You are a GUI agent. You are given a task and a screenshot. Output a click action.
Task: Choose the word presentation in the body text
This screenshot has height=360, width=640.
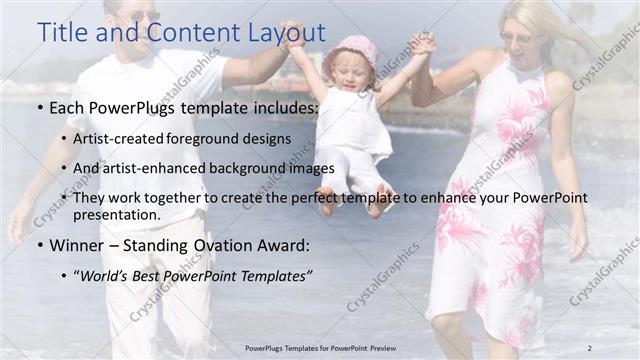(x=115, y=214)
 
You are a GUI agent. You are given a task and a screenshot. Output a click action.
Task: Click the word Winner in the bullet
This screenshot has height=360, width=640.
(x=79, y=244)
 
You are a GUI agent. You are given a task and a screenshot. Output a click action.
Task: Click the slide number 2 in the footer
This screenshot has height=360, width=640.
(x=590, y=347)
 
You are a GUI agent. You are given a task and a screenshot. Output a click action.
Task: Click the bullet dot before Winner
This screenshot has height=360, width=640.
(x=39, y=245)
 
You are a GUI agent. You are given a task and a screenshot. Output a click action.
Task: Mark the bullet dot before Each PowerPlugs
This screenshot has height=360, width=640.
(x=39, y=107)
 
